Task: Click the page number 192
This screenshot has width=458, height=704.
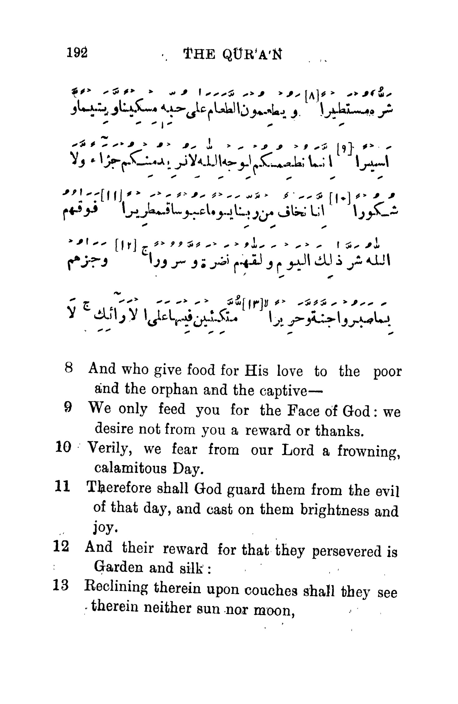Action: [x=77, y=53]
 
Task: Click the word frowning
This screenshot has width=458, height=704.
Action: [x=369, y=451]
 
